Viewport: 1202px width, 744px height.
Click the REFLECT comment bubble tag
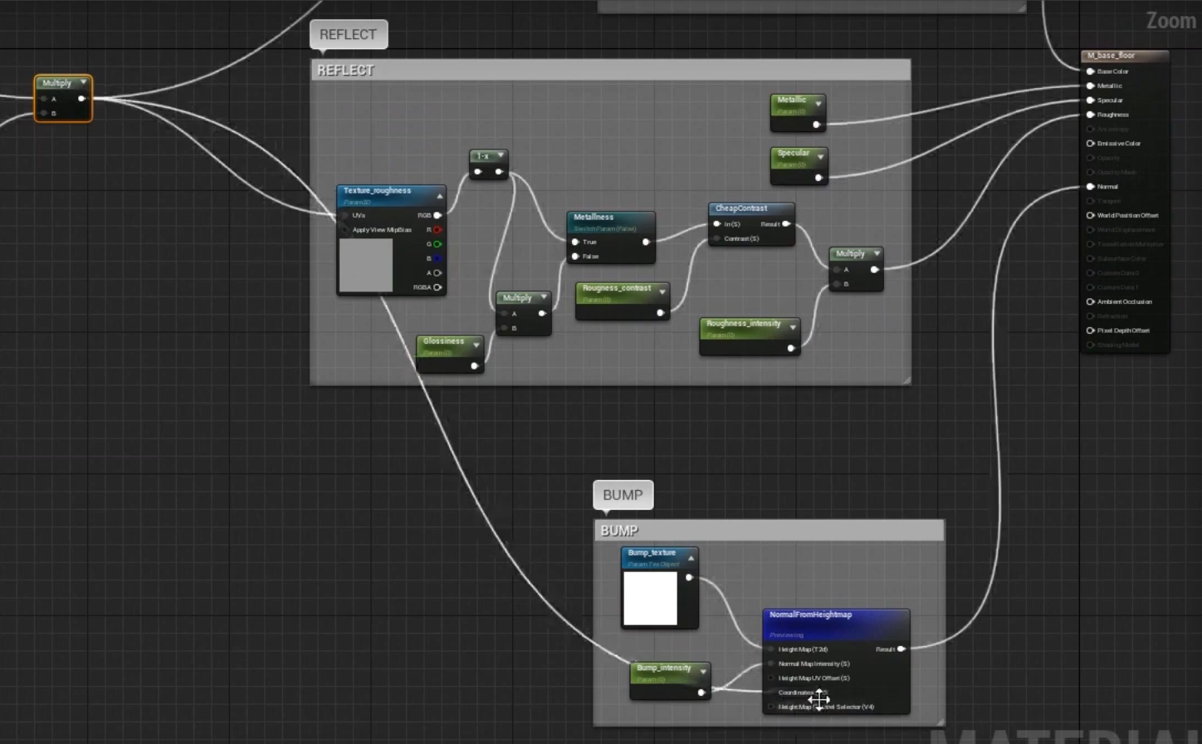348,35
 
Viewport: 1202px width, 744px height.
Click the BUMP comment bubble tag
623,495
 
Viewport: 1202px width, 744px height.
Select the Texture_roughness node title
378,191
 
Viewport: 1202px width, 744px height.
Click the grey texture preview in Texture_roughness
366,265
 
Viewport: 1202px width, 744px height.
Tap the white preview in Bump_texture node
650,598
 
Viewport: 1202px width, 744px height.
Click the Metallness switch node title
594,218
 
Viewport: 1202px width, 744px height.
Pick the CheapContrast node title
741,208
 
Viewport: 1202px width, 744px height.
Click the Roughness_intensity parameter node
744,324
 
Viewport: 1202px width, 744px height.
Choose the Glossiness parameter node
444,341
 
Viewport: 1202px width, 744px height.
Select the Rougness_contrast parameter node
617,288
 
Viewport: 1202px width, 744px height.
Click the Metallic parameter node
792,100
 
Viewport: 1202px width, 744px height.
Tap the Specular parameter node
794,153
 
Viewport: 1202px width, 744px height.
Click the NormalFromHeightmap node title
810,615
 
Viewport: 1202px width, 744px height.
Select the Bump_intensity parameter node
664,668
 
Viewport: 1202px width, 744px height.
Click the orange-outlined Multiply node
58,84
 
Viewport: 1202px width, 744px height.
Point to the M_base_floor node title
1112,56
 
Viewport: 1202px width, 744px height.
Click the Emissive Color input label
1119,144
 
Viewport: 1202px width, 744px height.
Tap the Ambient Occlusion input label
1124,302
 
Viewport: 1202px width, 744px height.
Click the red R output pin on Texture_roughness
437,230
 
